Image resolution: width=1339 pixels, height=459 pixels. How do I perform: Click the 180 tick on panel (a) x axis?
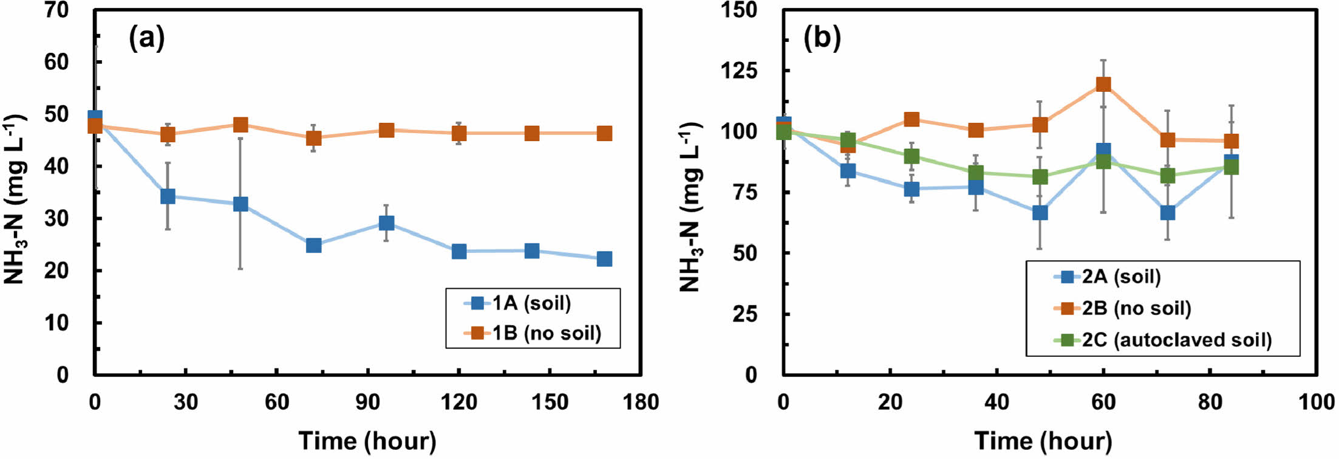641,402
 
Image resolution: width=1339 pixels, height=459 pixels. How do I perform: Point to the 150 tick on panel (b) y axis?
737,10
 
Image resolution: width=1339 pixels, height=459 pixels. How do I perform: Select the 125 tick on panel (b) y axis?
737,71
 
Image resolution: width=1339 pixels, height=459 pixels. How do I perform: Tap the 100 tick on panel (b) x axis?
1317,402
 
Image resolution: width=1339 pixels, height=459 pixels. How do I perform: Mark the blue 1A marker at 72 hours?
313,245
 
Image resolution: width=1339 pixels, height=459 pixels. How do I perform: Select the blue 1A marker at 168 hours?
604,258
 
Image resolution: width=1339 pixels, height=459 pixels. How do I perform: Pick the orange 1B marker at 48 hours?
240,125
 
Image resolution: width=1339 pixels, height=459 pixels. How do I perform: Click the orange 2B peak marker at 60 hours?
1103,84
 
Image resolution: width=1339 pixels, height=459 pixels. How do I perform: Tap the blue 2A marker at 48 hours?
1040,212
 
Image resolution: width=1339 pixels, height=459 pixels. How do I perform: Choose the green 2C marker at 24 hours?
911,156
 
